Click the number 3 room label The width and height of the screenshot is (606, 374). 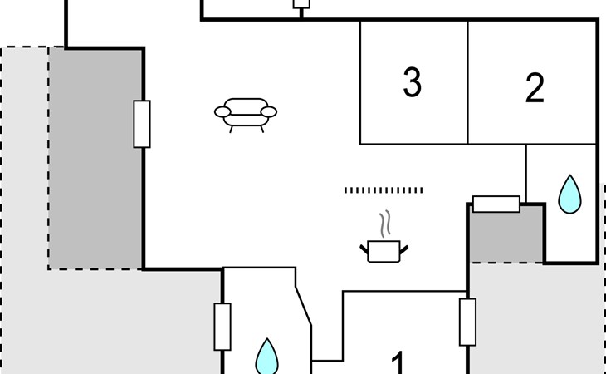pyautogui.click(x=412, y=82)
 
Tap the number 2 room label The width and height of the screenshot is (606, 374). pyautogui.click(x=535, y=88)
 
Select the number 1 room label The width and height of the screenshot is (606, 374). pyautogui.click(x=398, y=362)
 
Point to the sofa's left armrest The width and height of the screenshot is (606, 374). pyautogui.click(x=222, y=111)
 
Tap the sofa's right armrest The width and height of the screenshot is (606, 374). pyautogui.click(x=269, y=111)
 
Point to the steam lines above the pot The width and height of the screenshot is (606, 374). pyautogui.click(x=384, y=224)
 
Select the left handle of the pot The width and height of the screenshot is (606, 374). pyautogui.click(x=364, y=249)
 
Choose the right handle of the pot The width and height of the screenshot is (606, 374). pyautogui.click(x=404, y=249)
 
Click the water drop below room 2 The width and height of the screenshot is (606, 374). pyautogui.click(x=569, y=194)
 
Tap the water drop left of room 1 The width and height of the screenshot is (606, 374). pyautogui.click(x=266, y=357)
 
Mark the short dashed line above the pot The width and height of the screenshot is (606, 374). pyautogui.click(x=384, y=189)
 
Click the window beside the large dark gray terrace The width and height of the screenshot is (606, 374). pyautogui.click(x=142, y=124)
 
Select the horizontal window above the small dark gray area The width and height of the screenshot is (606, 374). pyautogui.click(x=496, y=204)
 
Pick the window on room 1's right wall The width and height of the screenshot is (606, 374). pyautogui.click(x=467, y=322)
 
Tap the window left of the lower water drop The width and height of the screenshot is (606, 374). pyautogui.click(x=222, y=327)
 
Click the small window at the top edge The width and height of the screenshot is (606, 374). pyautogui.click(x=301, y=4)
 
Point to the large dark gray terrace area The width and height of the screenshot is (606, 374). pyautogui.click(x=95, y=159)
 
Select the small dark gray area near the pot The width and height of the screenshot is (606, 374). pyautogui.click(x=506, y=234)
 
